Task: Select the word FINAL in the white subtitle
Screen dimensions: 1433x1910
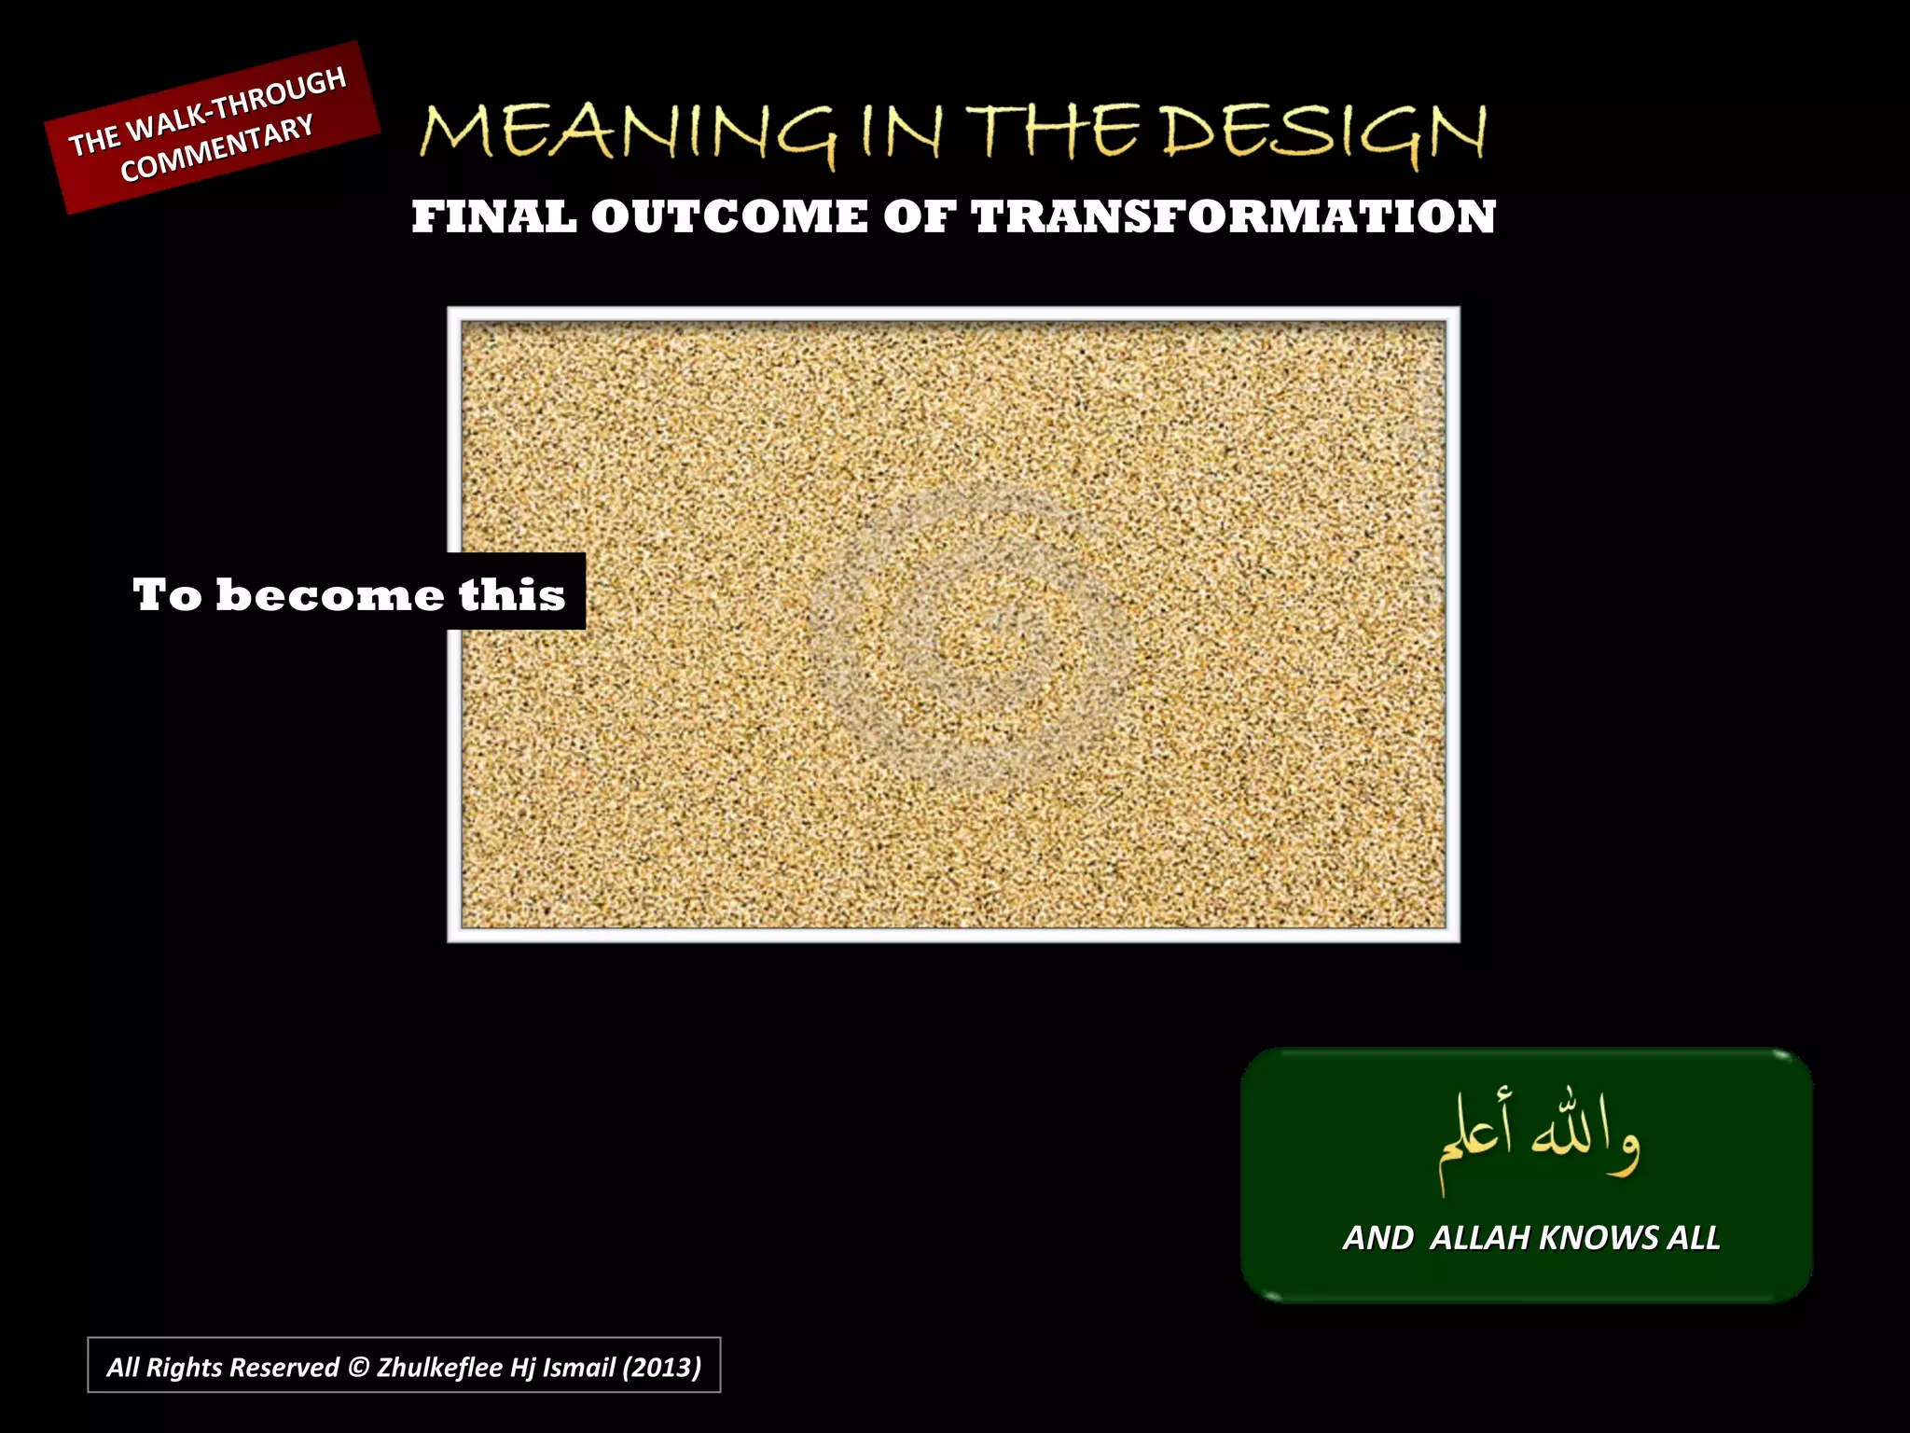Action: [493, 216]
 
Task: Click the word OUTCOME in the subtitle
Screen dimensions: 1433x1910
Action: [729, 216]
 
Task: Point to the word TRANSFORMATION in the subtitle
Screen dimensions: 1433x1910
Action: [1233, 216]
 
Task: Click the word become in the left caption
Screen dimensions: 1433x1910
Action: [330, 594]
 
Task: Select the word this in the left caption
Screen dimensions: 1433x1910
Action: [512, 594]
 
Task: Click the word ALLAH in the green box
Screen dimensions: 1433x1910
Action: [1480, 1238]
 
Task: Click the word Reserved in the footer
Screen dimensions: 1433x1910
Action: [284, 1368]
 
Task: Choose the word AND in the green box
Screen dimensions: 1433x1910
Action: [1377, 1238]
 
